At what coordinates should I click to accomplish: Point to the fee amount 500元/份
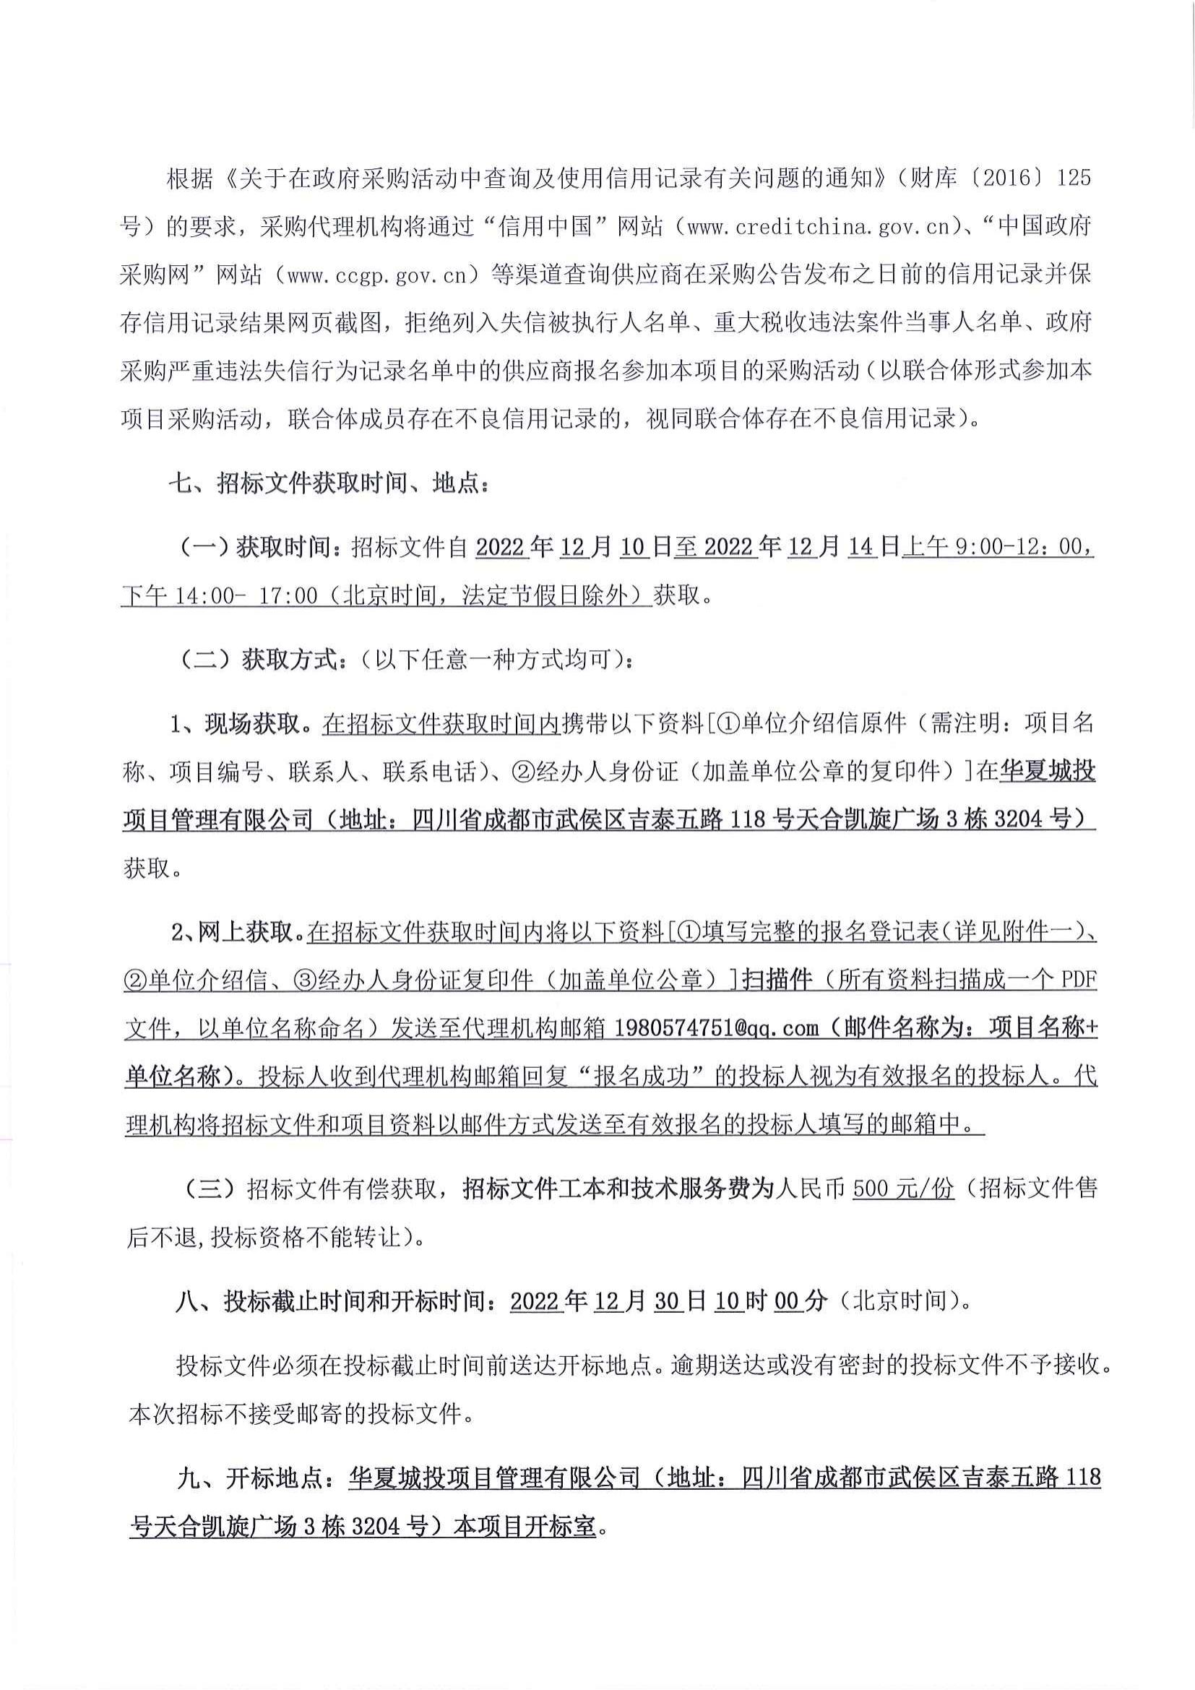[903, 1189]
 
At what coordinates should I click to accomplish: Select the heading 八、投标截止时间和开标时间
[342, 1301]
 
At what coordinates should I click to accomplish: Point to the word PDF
[1079, 980]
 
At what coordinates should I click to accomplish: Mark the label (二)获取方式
[257, 659]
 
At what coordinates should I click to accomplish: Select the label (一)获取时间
[256, 547]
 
